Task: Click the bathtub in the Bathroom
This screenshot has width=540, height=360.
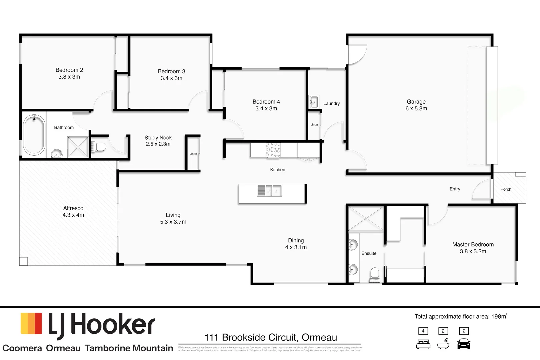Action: tap(34, 135)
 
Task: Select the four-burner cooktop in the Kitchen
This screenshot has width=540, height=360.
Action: tap(273, 150)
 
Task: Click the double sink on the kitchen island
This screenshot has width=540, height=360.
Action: tap(269, 191)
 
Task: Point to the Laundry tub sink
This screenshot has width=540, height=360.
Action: tap(314, 102)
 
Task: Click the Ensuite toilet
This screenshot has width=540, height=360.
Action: tap(375, 274)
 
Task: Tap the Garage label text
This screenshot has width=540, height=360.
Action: tap(416, 102)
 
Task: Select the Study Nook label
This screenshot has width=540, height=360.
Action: tap(158, 138)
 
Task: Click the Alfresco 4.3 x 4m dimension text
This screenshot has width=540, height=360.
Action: tap(73, 215)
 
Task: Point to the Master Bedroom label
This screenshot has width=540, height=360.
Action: tap(473, 244)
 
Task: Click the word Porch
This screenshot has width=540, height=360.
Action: tap(506, 189)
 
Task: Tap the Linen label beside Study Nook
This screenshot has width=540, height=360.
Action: tap(193, 154)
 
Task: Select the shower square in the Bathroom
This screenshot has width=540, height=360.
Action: tap(78, 147)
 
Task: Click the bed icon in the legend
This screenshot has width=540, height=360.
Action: tap(423, 344)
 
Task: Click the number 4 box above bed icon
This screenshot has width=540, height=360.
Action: tap(423, 331)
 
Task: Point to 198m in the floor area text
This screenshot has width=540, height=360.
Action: tap(499, 317)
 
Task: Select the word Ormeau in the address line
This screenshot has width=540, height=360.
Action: tap(319, 337)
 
